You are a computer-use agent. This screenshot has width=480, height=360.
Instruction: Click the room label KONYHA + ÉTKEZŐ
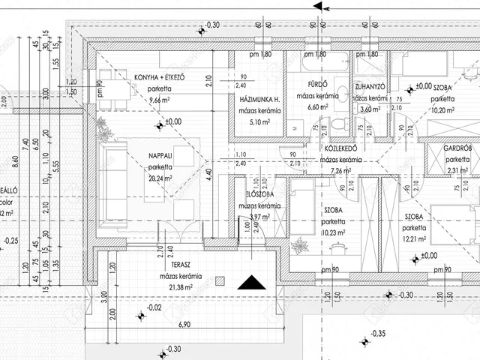pyautogui.click(x=160, y=78)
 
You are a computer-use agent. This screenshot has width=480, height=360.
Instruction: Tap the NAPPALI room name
pyautogui.click(x=160, y=156)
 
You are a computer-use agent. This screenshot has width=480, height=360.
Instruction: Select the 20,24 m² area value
pyautogui.click(x=160, y=178)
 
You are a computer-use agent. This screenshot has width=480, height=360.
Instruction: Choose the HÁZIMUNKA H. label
pyautogui.click(x=259, y=100)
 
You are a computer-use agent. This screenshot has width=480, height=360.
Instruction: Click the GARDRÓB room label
pyautogui.click(x=457, y=148)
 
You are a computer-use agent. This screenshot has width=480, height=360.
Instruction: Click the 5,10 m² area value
pyautogui.click(x=259, y=122)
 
